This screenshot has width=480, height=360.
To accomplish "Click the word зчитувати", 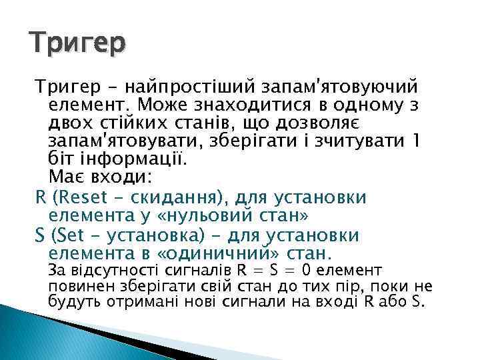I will [x=351, y=142].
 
